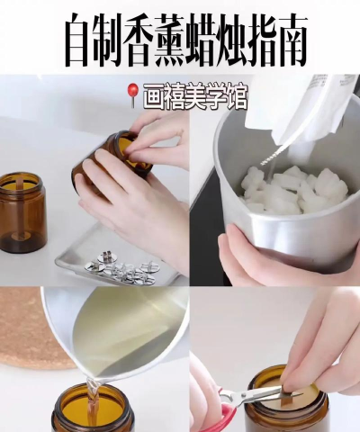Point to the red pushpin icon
pos(132,94)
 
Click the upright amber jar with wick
pos(22,212)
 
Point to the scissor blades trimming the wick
pos(272,393)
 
